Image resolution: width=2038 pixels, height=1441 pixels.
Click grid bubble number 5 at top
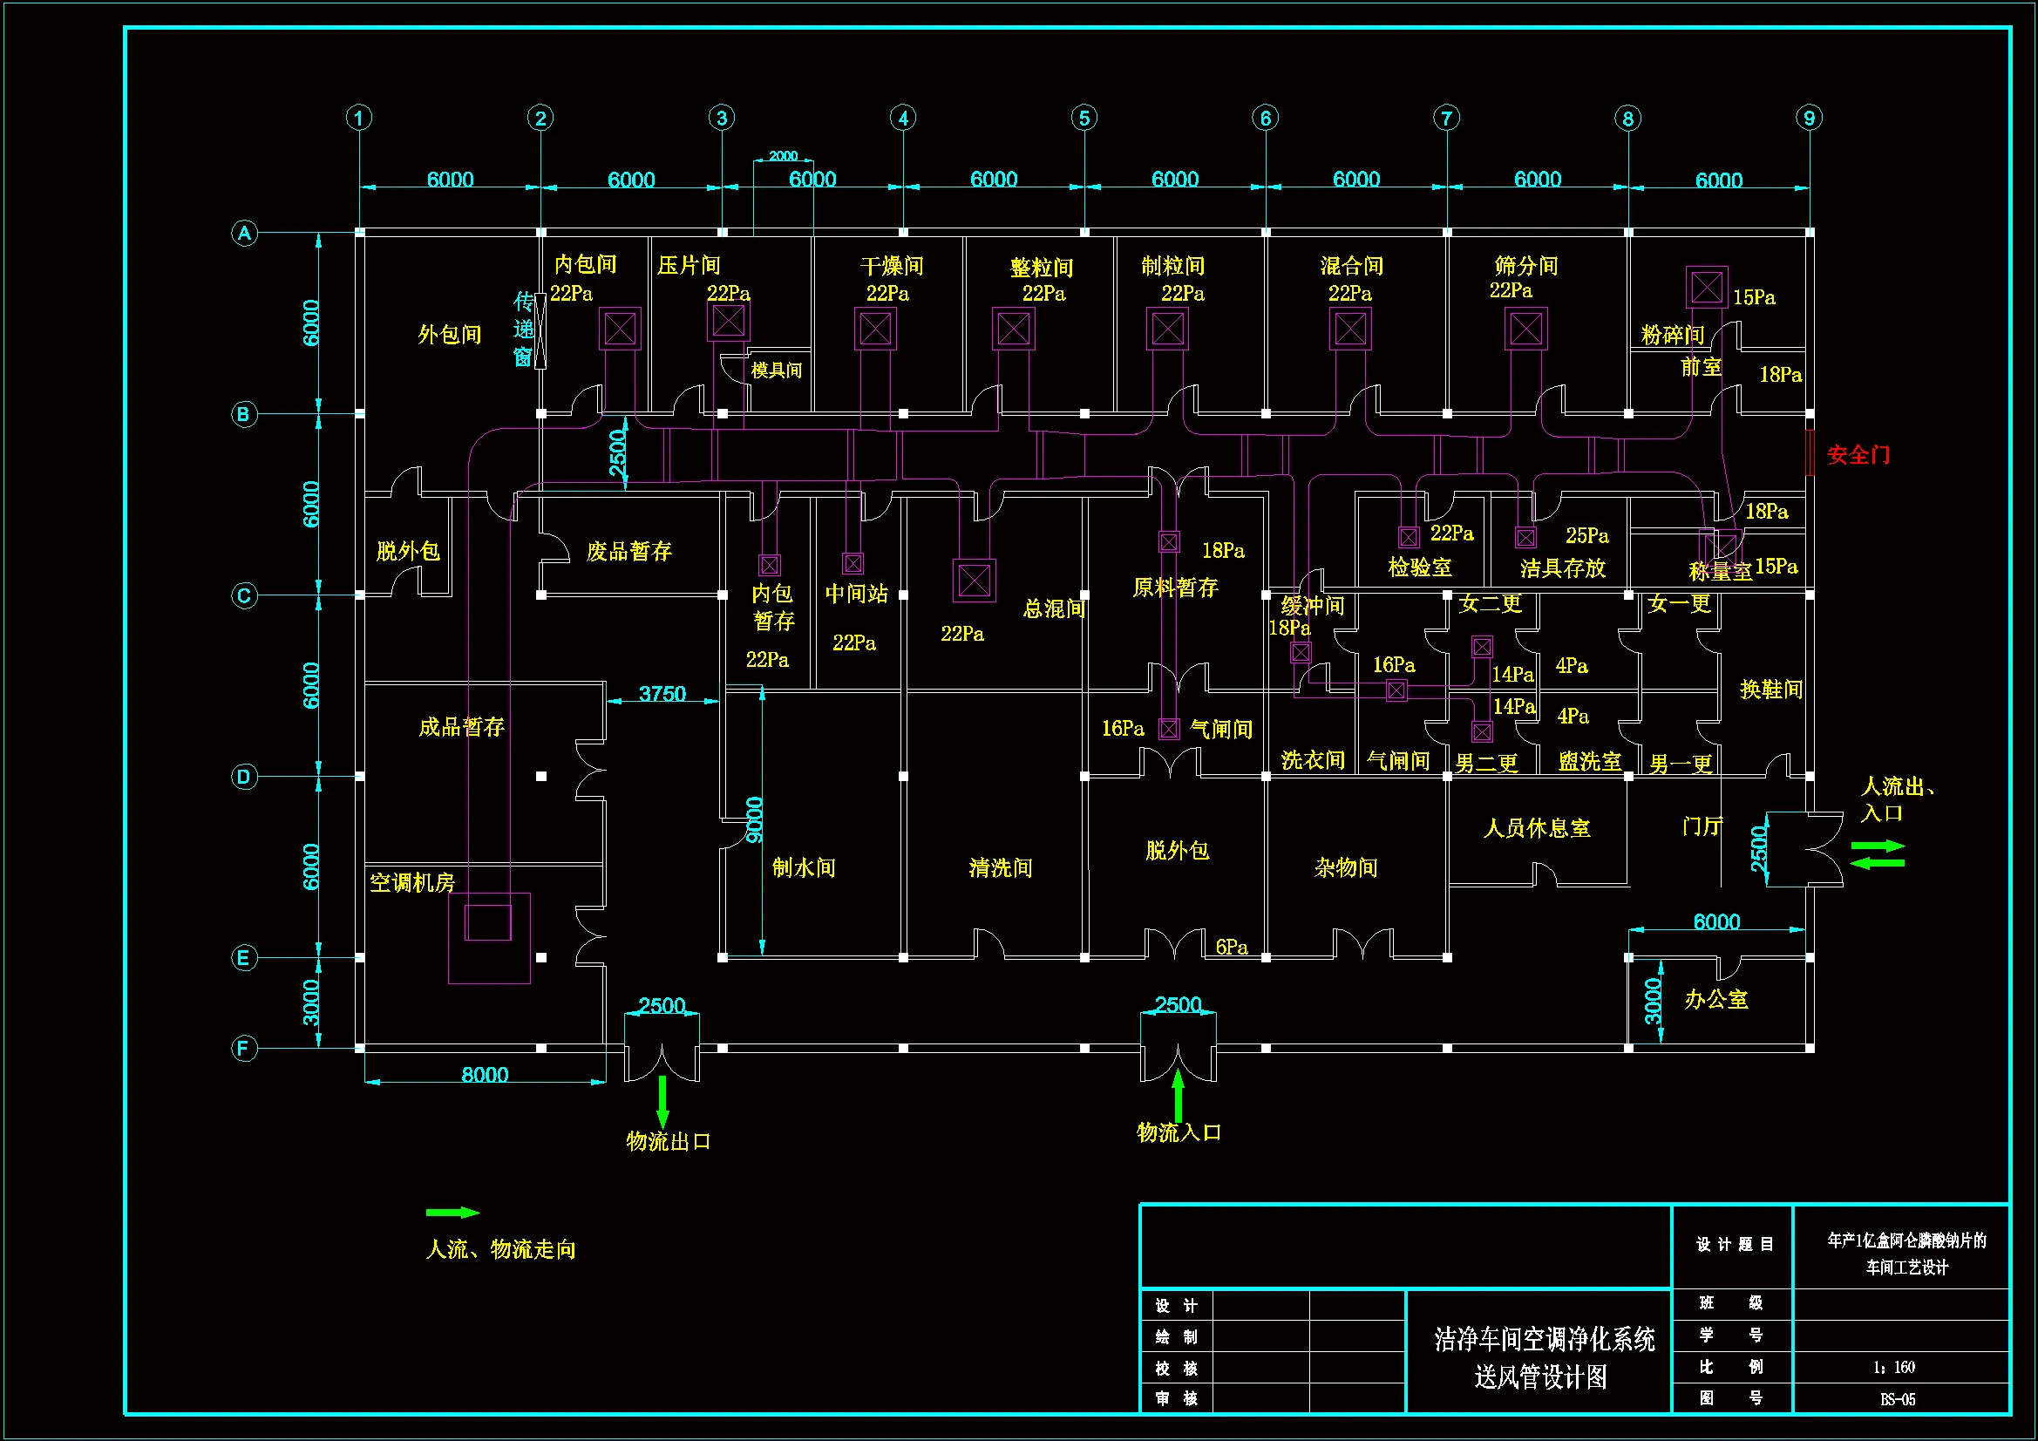pyautogui.click(x=1084, y=118)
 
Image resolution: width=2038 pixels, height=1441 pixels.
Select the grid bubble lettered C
pyautogui.click(x=244, y=595)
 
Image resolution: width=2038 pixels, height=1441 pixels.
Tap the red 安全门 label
pyautogui.click(x=1857, y=455)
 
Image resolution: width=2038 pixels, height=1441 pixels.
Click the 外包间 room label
pyautogui.click(x=449, y=335)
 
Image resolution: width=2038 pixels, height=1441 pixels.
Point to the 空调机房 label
pyautogui.click(x=411, y=882)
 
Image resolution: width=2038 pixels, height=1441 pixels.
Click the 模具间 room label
pyautogui.click(x=776, y=370)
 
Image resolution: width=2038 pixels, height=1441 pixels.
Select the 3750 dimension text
pyautogui.click(x=662, y=693)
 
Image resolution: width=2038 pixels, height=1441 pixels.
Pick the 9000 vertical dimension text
pyautogui.click(x=755, y=819)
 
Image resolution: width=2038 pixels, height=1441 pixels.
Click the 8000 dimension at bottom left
pyautogui.click(x=485, y=1074)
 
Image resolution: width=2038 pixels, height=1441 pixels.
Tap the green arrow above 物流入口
pyautogui.click(x=1178, y=1096)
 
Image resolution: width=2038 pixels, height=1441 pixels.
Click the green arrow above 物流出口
pyautogui.click(x=662, y=1102)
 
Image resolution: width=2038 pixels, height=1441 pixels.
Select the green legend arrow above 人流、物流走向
pyautogui.click(x=452, y=1212)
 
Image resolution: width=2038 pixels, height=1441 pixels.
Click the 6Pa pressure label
pyautogui.click(x=1231, y=948)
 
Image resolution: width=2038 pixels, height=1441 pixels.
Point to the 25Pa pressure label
pyautogui.click(x=1587, y=535)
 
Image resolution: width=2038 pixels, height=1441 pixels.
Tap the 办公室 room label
pyautogui.click(x=1715, y=1000)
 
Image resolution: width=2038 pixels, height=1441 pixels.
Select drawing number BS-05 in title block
pyautogui.click(x=1897, y=1399)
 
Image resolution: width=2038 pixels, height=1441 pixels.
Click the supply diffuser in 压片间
pyautogui.click(x=728, y=321)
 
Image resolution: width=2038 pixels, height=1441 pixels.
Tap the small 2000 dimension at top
pyautogui.click(x=782, y=156)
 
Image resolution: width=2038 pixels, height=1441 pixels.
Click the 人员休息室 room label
pyautogui.click(x=1537, y=828)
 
